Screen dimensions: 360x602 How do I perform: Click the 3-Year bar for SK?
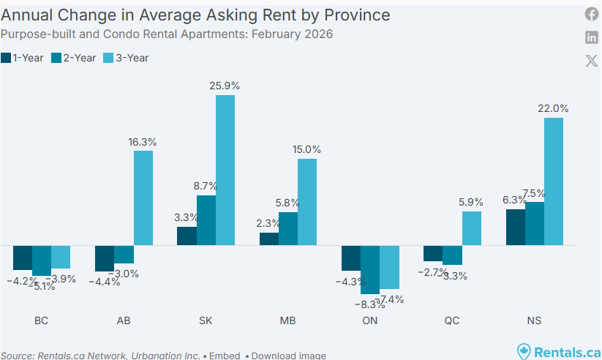point(225,170)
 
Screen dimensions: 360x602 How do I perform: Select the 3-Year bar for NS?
point(554,181)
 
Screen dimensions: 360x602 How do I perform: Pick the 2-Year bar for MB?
point(288,229)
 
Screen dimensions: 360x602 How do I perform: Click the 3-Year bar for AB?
point(143,198)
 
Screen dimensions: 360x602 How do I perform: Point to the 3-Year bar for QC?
point(472,228)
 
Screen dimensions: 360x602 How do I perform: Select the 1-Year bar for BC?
point(23,258)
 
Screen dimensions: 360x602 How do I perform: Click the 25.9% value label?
point(225,86)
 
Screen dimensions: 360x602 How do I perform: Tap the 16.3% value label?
point(143,141)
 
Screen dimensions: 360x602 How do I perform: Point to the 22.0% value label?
point(554,108)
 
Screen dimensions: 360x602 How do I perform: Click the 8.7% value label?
point(206,186)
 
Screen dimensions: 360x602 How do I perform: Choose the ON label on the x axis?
point(370,320)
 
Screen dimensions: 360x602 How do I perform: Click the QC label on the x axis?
point(453,320)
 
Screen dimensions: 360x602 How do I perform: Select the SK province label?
point(206,320)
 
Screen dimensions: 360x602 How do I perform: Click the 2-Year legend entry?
point(76,58)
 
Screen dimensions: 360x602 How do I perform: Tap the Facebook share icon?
point(591,14)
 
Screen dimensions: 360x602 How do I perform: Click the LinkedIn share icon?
point(591,37)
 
